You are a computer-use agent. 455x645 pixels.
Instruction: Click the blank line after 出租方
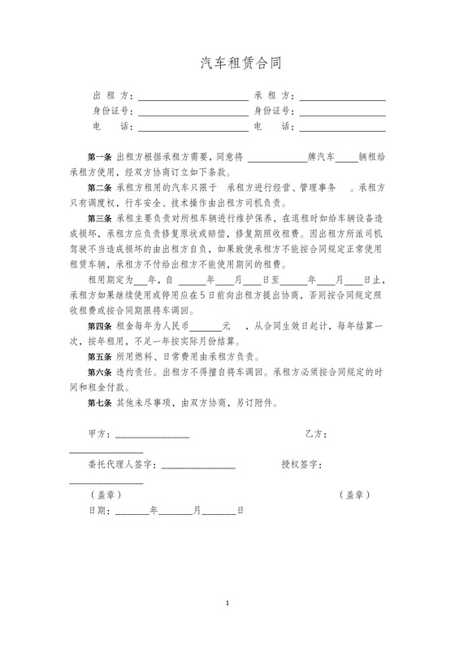pyautogui.click(x=193, y=98)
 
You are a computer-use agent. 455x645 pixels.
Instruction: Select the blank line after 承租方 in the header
pyautogui.click(x=342, y=98)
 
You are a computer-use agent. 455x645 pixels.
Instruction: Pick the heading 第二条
pyautogui.click(x=100, y=187)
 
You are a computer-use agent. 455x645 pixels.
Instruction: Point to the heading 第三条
pyautogui.click(x=100, y=218)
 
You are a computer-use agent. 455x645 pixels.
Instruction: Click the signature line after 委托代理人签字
pyautogui.click(x=199, y=466)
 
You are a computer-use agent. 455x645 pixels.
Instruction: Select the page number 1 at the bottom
pyautogui.click(x=228, y=604)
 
